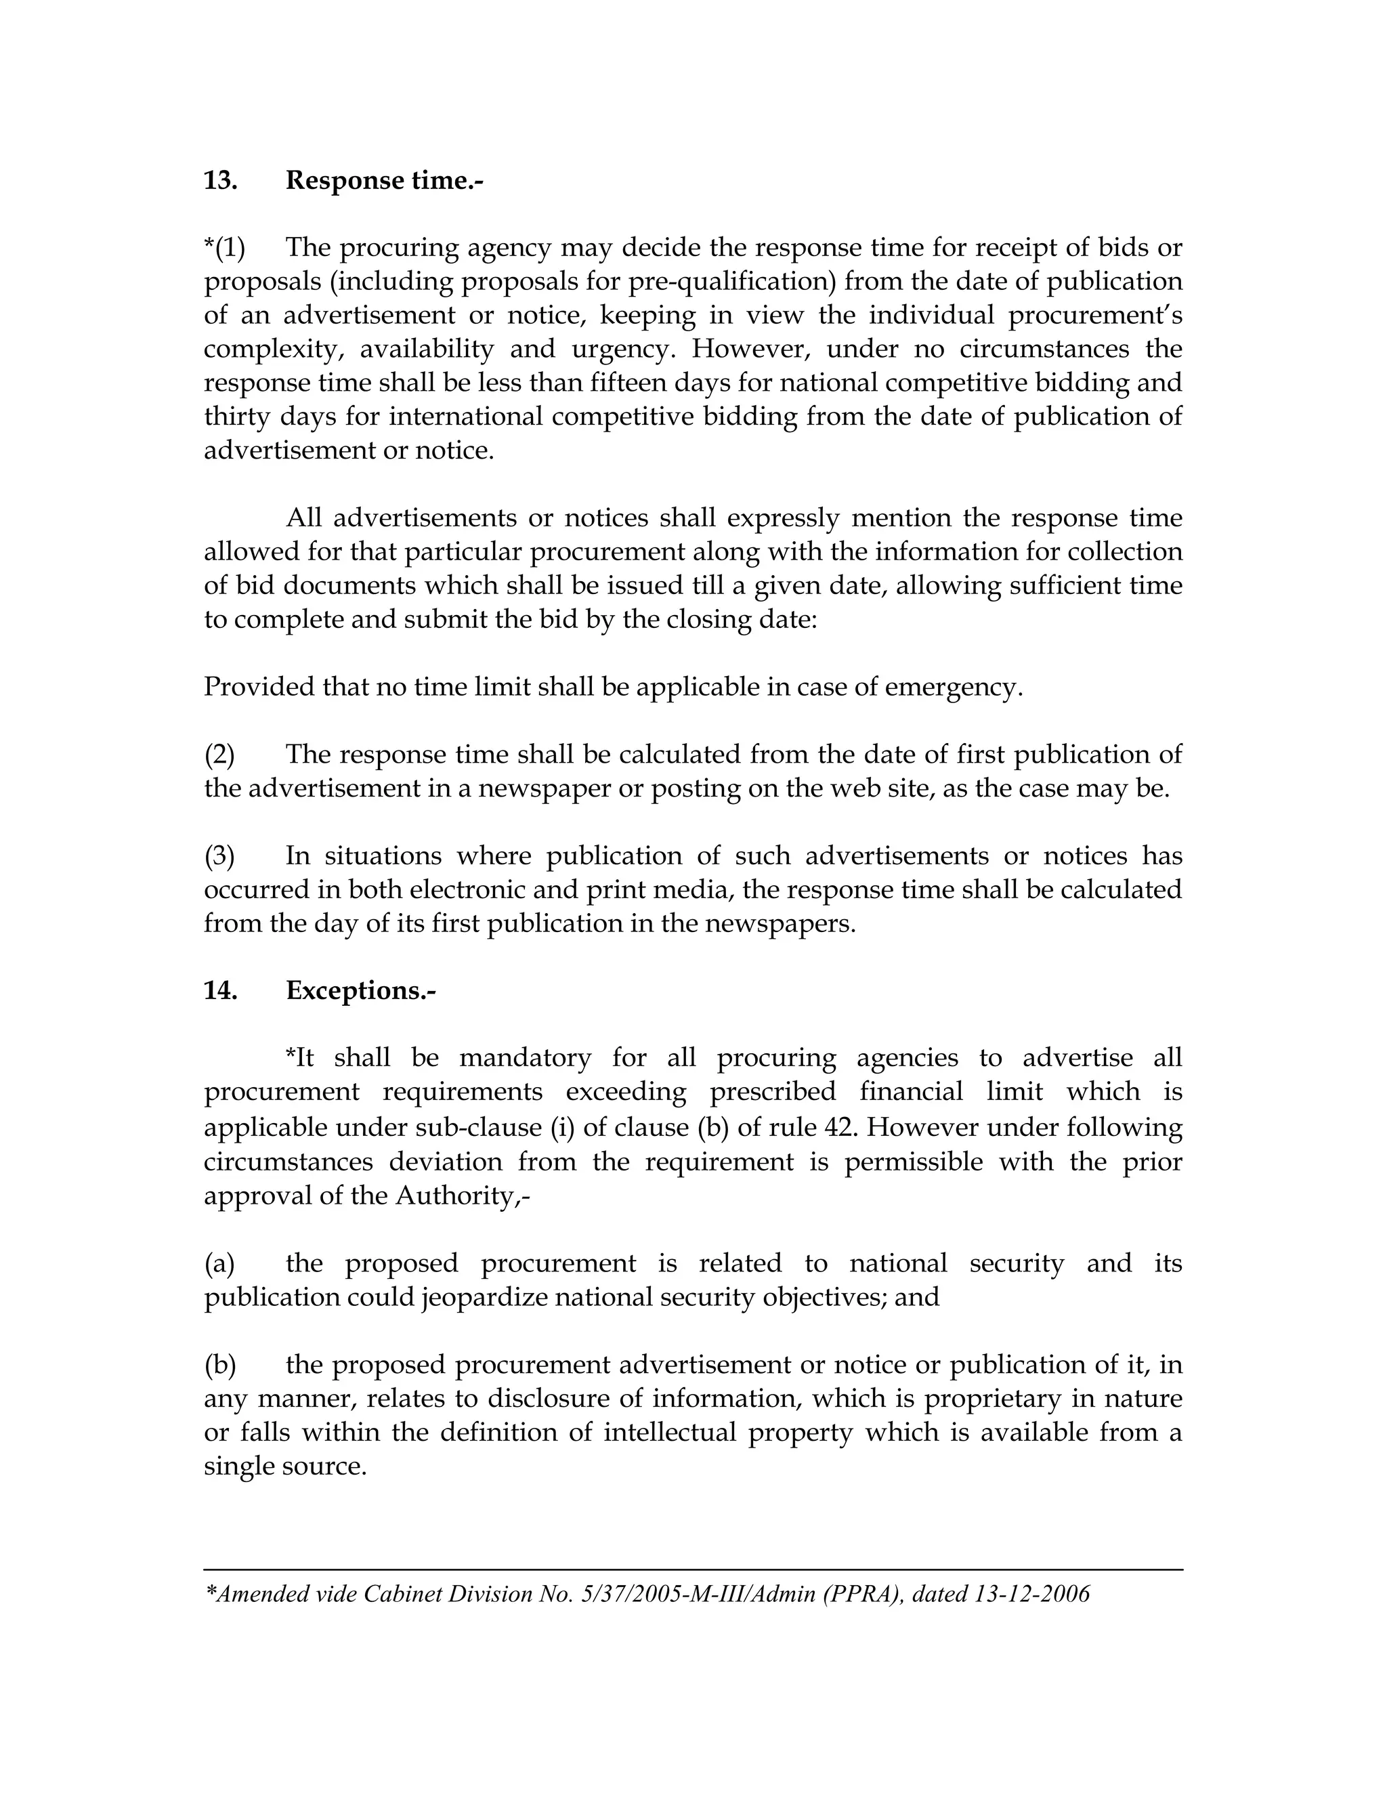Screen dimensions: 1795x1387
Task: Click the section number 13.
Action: pyautogui.click(x=220, y=180)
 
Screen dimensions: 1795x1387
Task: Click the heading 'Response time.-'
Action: pyautogui.click(x=385, y=180)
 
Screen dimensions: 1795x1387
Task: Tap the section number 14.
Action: pyautogui.click(x=220, y=990)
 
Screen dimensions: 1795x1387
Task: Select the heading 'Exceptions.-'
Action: pyautogui.click(x=361, y=990)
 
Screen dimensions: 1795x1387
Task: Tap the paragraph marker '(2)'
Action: pyautogui.click(x=219, y=754)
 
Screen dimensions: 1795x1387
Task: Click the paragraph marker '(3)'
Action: pyautogui.click(x=219, y=856)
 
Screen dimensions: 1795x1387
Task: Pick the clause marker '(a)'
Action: pyautogui.click(x=219, y=1263)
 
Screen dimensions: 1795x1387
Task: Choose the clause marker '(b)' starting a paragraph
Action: pyautogui.click(x=220, y=1364)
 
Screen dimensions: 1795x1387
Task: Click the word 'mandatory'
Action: pyautogui.click(x=525, y=1058)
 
